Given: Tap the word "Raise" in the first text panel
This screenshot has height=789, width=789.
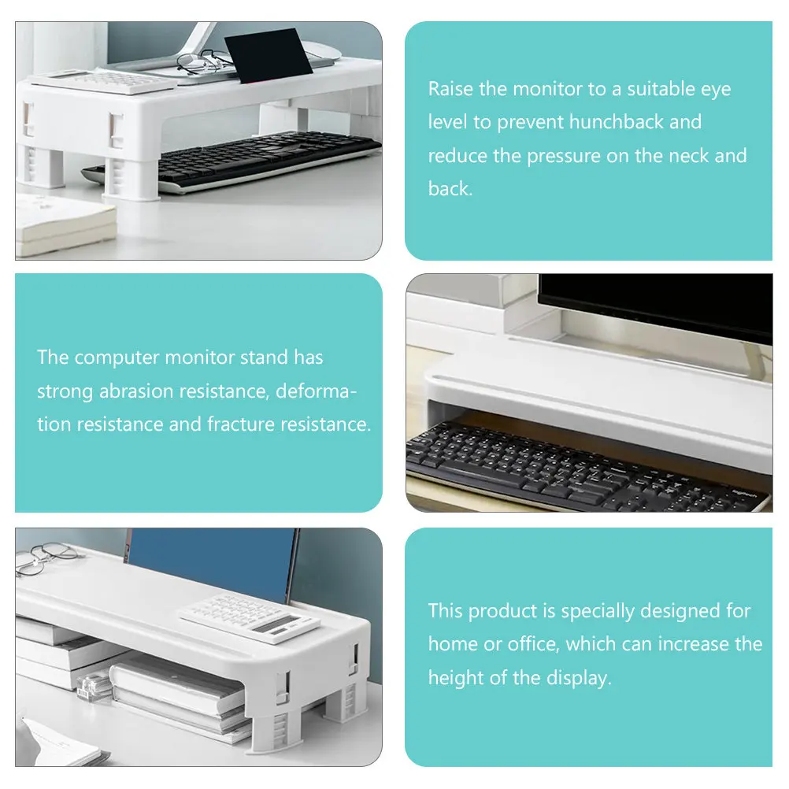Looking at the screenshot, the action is pyautogui.click(x=450, y=89).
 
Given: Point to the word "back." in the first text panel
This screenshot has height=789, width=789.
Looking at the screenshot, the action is pyautogui.click(x=450, y=189).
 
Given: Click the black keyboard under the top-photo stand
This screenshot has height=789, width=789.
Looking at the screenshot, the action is pyautogui.click(x=232, y=159).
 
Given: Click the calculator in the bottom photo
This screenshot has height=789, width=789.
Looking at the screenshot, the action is pyautogui.click(x=249, y=618).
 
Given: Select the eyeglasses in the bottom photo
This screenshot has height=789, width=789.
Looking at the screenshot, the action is pyautogui.click(x=46, y=557).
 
